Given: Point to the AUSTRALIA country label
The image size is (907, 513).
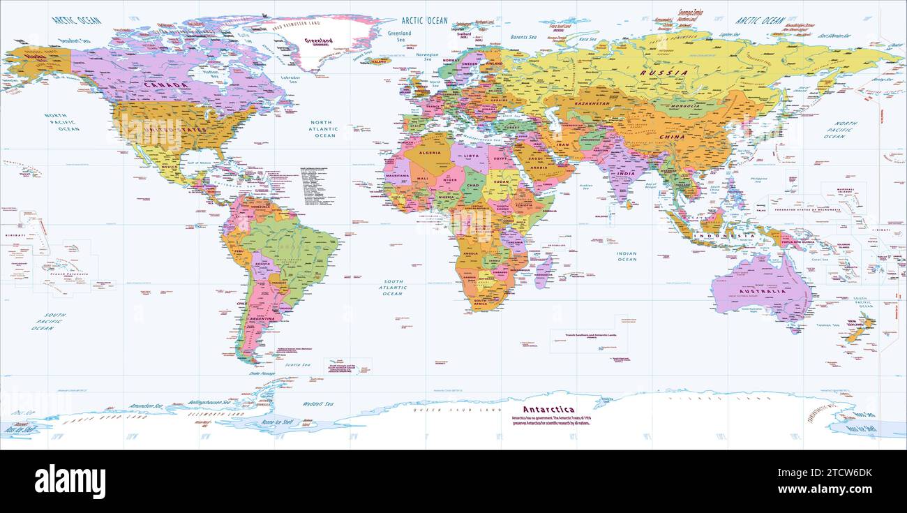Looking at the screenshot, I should click(764, 283).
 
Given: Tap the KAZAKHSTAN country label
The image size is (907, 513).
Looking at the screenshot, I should click(592, 103).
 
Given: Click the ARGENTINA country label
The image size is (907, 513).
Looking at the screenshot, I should click(263, 318).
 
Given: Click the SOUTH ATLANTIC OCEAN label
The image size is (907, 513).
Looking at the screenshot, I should click(392, 288).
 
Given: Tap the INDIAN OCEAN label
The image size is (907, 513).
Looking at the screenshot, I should click(627, 256).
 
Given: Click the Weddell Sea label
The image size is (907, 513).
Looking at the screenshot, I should click(318, 404).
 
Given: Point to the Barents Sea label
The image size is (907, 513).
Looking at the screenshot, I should click(523, 36).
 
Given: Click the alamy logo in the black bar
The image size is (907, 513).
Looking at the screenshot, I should click(70, 482).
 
